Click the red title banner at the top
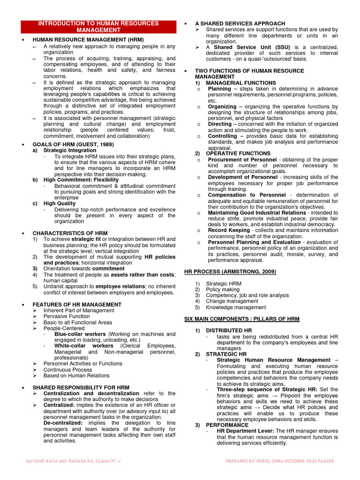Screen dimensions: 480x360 coord(98,26)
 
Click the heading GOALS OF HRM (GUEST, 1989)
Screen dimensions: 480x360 coord(73,144)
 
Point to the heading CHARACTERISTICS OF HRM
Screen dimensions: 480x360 coord(70,233)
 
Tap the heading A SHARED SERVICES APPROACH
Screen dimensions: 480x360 coord(240,23)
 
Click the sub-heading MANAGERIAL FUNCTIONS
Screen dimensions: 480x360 coord(241,83)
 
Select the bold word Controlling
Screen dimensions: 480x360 coord(222,136)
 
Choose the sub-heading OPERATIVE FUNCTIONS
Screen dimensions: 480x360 coord(238,153)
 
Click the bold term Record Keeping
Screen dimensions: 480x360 coord(229,230)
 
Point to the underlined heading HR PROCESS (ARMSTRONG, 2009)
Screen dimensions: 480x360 coord(230,271)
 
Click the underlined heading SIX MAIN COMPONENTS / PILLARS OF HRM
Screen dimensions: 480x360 coord(241,319)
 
